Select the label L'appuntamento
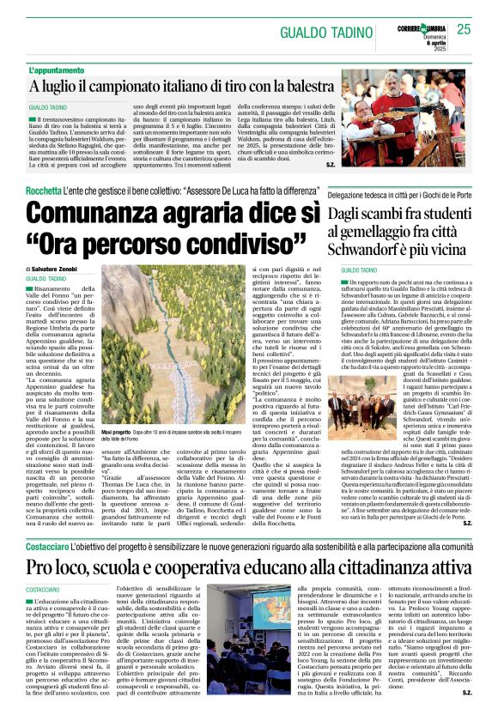point(57,70)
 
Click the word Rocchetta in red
point(43,190)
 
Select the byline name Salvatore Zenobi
point(64,270)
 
